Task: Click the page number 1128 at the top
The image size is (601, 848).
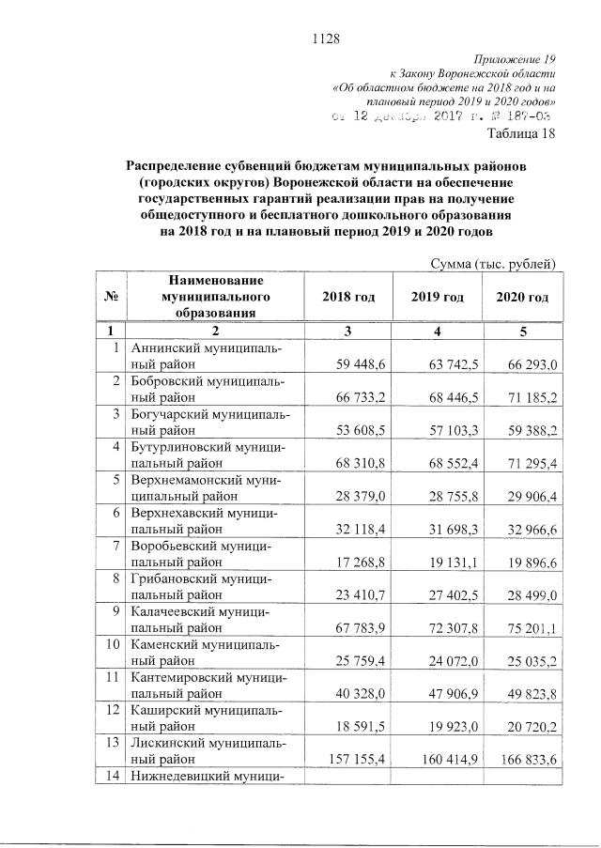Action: click(324, 39)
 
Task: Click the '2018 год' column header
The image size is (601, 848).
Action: click(348, 297)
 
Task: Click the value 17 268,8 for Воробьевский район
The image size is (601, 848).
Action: click(361, 561)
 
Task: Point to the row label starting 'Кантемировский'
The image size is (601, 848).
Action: click(208, 684)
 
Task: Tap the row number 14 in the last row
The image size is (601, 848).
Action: click(111, 777)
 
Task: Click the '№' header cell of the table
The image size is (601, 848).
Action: click(111, 297)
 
